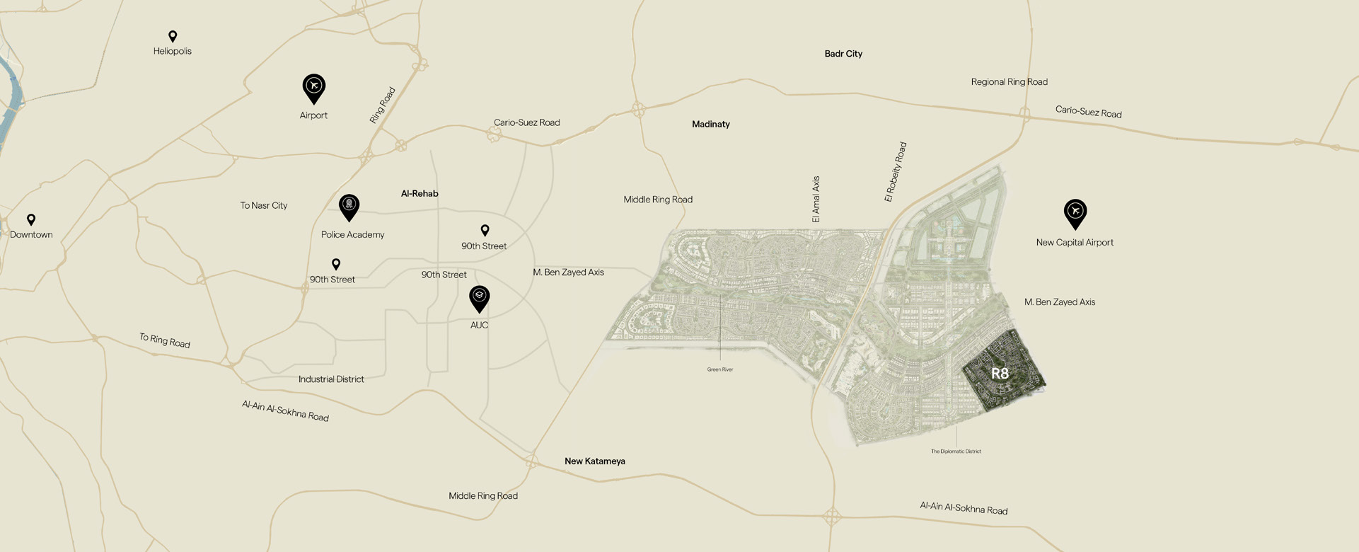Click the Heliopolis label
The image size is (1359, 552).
173,51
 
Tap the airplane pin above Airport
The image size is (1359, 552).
314,87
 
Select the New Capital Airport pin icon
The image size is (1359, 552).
1075,212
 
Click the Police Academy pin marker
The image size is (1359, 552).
349,206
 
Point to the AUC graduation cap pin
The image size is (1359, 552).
479,297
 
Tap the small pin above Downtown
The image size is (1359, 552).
31,219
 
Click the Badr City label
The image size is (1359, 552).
843,54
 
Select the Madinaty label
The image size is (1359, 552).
710,124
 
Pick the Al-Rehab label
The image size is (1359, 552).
420,193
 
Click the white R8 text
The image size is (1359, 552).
1000,373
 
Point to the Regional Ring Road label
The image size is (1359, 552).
1009,82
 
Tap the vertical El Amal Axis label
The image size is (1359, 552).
816,200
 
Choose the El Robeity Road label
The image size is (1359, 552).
895,172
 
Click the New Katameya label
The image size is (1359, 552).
594,461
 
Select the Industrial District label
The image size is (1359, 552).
331,379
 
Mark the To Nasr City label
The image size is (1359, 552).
263,205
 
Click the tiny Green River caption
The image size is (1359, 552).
720,369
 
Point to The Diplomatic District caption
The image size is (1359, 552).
956,451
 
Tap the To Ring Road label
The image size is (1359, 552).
164,340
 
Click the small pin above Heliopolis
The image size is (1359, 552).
173,35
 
